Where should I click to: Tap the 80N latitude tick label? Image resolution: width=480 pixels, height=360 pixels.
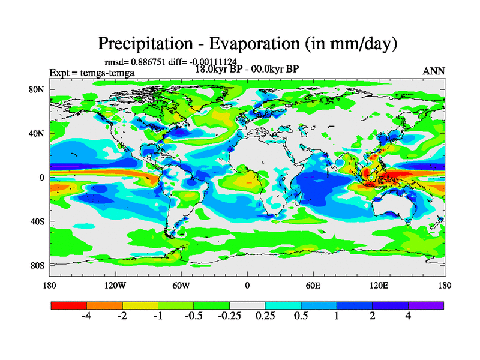(x=38, y=89)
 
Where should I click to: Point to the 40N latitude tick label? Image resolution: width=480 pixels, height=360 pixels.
(x=38, y=133)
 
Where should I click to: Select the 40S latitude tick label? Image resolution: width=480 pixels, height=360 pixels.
(x=38, y=221)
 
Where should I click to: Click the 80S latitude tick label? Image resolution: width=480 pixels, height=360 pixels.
(x=38, y=265)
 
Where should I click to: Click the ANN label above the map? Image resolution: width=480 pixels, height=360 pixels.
(x=434, y=71)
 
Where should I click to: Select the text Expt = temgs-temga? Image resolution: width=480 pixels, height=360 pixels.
(x=92, y=73)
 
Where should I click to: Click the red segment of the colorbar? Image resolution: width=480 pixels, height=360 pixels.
(x=69, y=305)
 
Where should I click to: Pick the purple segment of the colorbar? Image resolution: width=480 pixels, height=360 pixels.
(x=426, y=305)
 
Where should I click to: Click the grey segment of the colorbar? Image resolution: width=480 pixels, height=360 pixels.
(x=247, y=305)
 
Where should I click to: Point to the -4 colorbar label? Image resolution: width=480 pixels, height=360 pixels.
(x=86, y=316)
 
